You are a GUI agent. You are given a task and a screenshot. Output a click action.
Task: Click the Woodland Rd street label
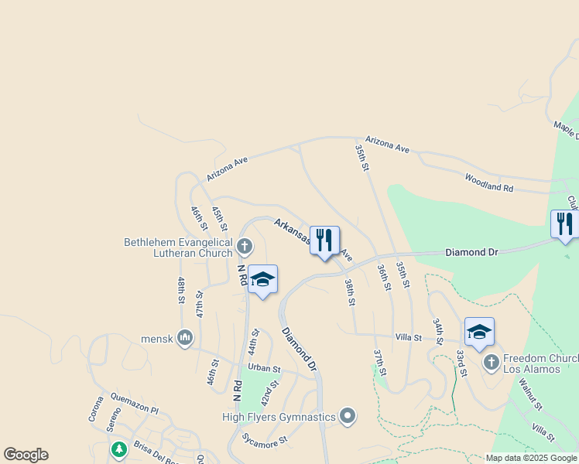pos(488,183)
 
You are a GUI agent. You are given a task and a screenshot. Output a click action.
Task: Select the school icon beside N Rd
pos(262,280)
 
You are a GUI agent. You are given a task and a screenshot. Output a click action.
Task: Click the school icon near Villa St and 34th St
pos(479,333)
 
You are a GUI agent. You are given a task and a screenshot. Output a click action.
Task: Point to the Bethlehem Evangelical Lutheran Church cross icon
pos(245,247)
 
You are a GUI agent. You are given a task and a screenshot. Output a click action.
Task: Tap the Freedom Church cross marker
pos(491,362)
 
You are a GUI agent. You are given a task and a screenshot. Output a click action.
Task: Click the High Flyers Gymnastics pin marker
pos(348,417)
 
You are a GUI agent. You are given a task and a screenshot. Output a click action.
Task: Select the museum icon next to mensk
pos(184,338)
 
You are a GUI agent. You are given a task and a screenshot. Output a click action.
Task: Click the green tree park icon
pos(118,449)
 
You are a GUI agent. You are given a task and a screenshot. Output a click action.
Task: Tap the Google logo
pos(26,455)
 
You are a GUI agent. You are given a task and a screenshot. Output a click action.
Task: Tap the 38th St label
pos(350,292)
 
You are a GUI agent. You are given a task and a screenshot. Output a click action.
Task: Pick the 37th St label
pos(379,362)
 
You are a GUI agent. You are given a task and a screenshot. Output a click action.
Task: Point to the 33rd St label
pos(461,362)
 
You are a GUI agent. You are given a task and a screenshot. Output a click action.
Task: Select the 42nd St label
pos(269,394)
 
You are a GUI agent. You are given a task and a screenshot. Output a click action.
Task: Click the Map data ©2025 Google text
pos(530,458)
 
